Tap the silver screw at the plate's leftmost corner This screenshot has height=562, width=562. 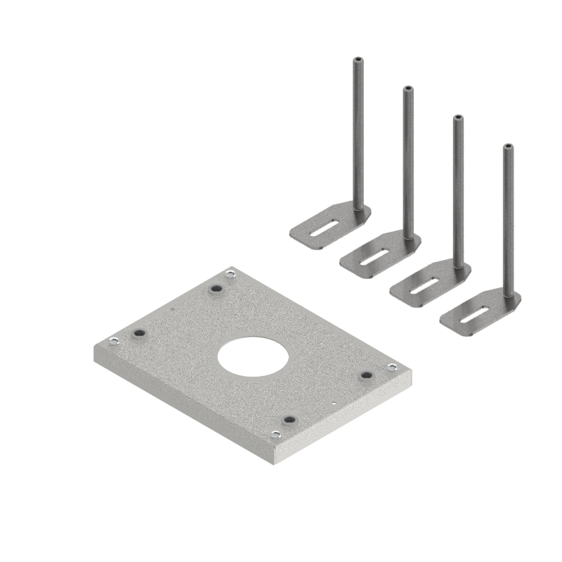click(x=113, y=342)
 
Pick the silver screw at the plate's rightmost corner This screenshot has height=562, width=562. click(x=390, y=367)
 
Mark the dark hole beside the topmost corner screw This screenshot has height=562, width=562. click(x=217, y=288)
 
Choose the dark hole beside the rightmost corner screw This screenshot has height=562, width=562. click(x=365, y=376)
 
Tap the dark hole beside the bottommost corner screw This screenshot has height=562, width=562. click(x=287, y=420)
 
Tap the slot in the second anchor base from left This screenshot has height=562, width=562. click(x=374, y=259)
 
